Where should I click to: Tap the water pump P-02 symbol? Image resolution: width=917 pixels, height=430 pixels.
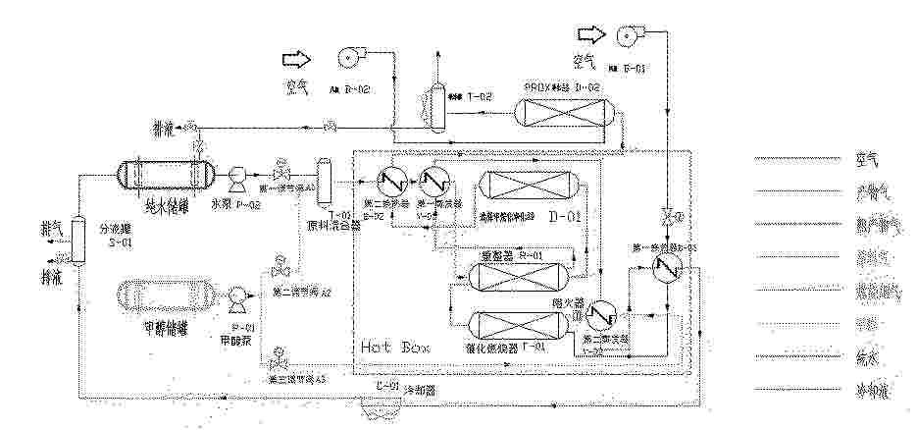click(236, 177)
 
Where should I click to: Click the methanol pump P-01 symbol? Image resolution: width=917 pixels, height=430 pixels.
click(236, 296)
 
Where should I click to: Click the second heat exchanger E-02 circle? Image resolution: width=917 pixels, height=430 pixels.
click(383, 182)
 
